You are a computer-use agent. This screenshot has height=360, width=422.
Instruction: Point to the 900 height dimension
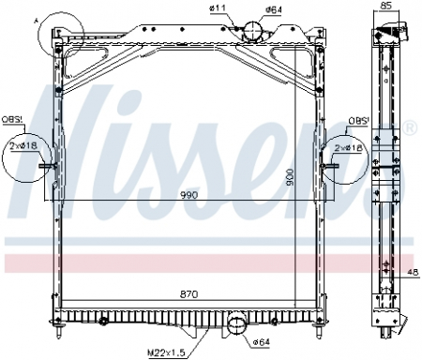pos(290,175)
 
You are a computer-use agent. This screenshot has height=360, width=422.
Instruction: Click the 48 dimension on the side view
pos(414,274)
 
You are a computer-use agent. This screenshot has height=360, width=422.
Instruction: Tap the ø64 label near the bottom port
pos(261,340)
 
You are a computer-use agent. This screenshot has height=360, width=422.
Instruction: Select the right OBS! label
pos(357,121)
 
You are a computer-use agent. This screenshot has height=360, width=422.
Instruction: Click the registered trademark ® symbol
pos(410,124)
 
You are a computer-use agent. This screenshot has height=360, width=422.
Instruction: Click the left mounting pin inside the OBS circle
pos(48,168)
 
